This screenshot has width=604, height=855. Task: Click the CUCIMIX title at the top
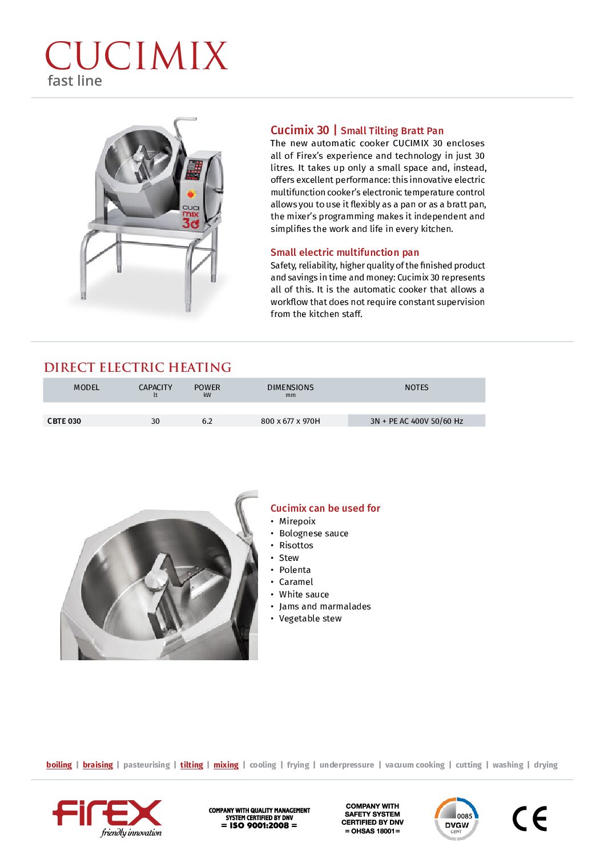click(x=136, y=56)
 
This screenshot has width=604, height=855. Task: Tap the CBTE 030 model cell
click(x=64, y=421)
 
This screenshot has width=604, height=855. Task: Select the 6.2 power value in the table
click(x=207, y=421)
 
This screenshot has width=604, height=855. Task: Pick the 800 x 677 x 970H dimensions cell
click(x=290, y=421)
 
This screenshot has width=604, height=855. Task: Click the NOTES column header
click(x=416, y=387)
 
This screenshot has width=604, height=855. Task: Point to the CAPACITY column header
click(x=155, y=387)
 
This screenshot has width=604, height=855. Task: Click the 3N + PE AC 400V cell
click(x=416, y=421)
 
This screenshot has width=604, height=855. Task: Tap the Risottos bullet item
click(x=296, y=545)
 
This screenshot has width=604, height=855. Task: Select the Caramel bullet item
click(x=296, y=582)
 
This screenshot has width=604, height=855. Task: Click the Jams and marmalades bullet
click(x=324, y=607)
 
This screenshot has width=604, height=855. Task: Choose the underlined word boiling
click(x=59, y=765)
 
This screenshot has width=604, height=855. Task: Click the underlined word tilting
click(x=191, y=765)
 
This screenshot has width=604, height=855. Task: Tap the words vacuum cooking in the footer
click(x=414, y=765)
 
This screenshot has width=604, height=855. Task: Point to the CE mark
click(x=529, y=818)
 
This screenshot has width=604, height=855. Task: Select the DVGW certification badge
click(x=456, y=819)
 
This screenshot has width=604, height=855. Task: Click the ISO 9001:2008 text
click(x=259, y=825)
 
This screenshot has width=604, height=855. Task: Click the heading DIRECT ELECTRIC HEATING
click(x=138, y=367)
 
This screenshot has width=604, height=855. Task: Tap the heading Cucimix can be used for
click(x=325, y=508)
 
